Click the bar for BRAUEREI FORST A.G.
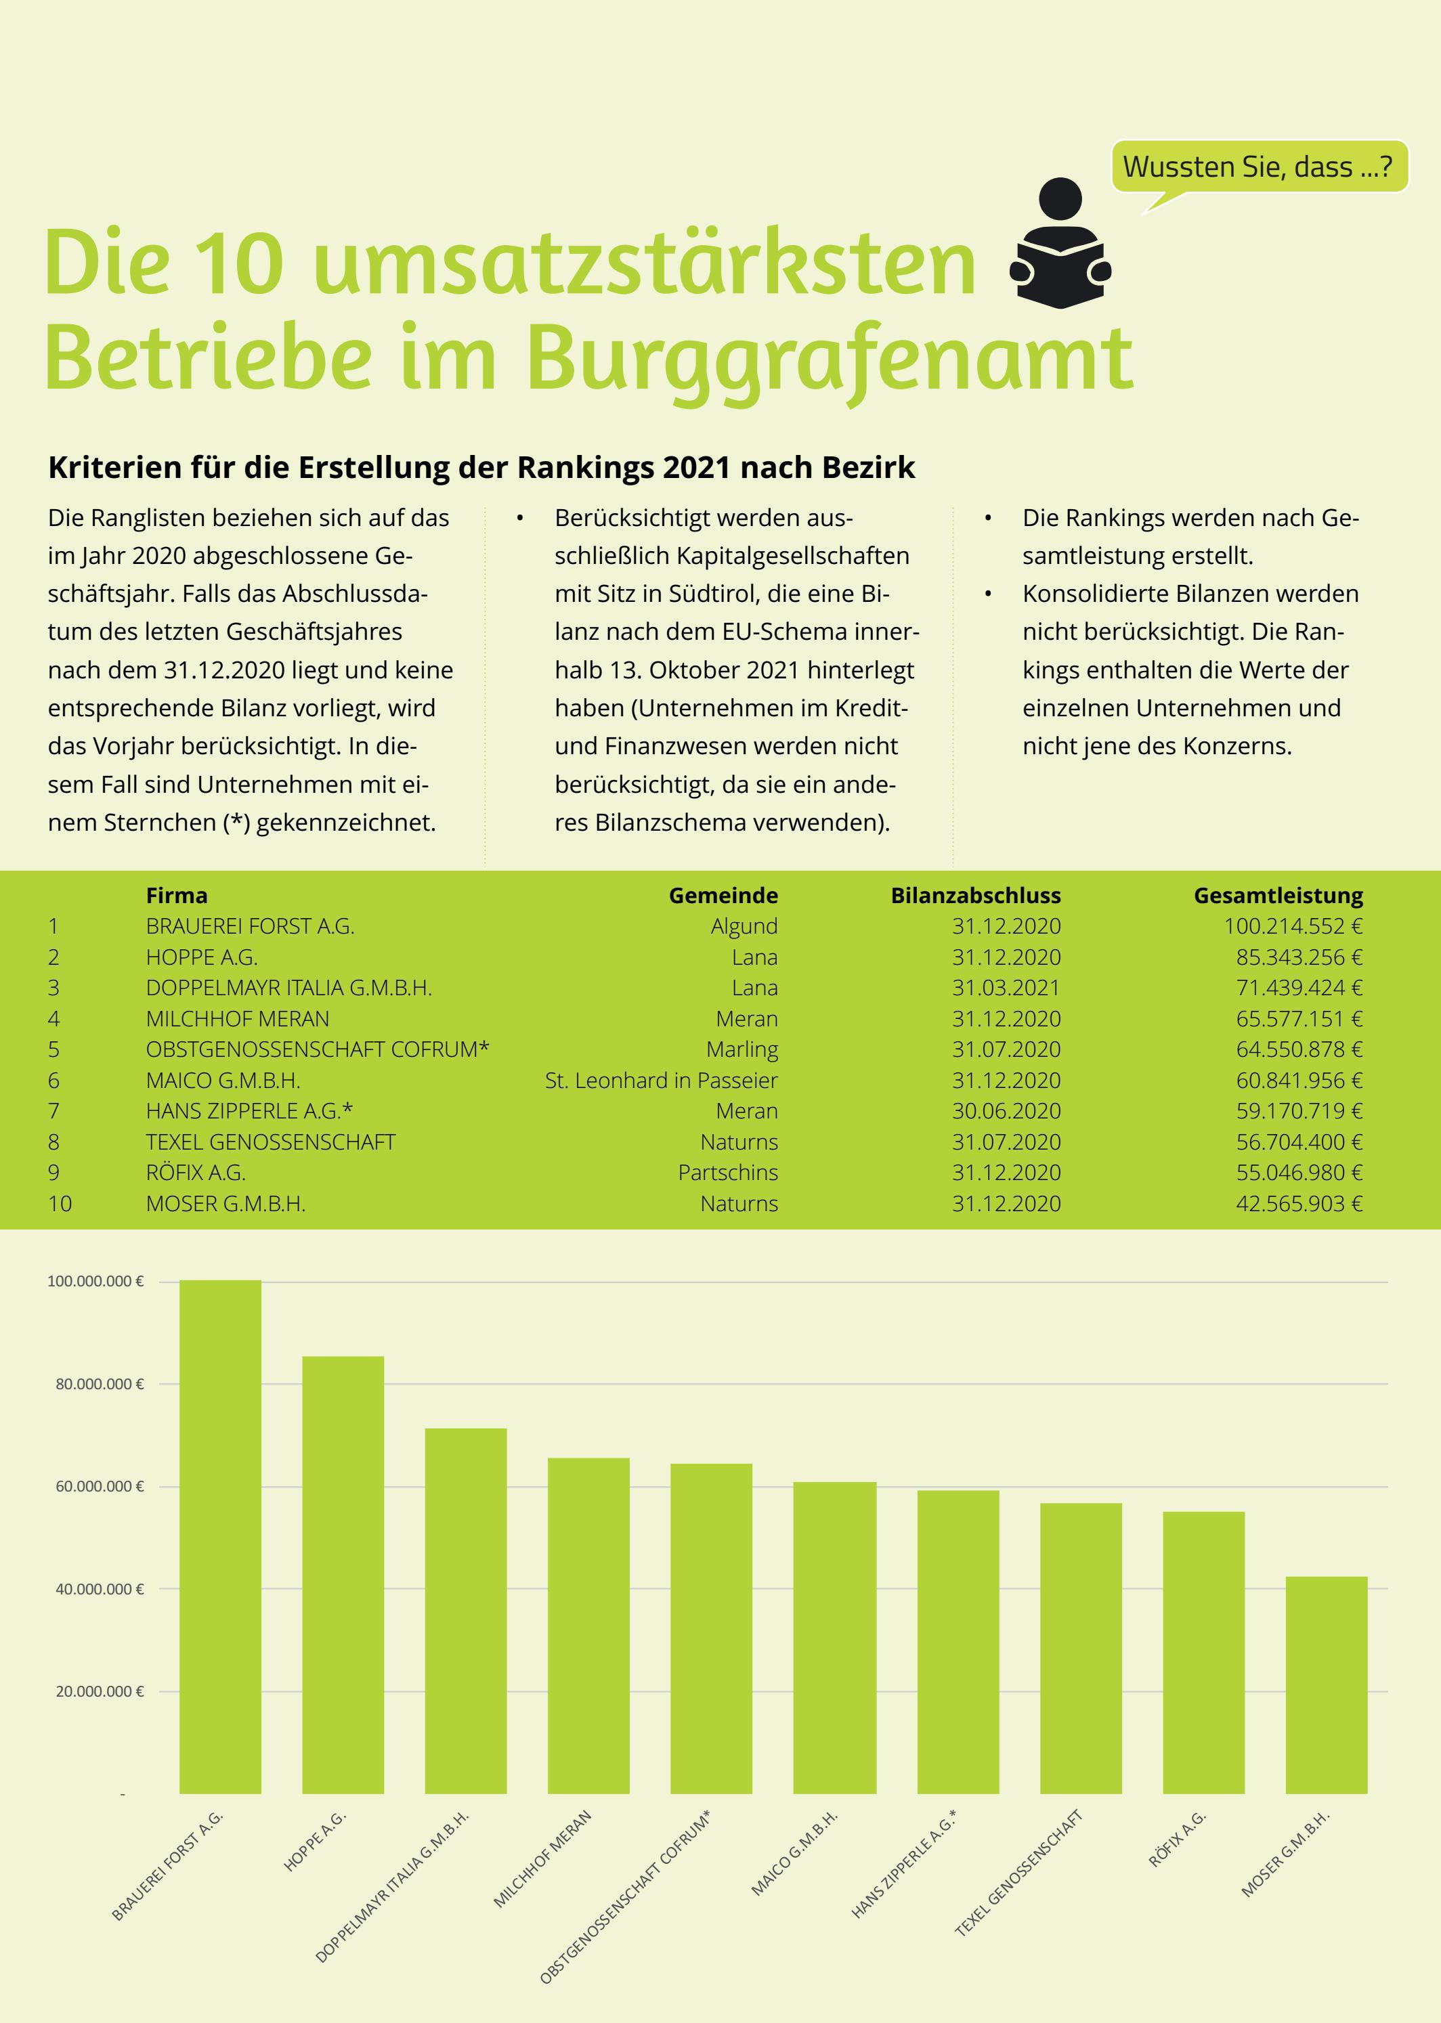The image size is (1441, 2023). tap(220, 1536)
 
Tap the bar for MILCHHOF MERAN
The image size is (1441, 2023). tap(588, 1626)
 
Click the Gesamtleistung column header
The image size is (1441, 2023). tap(1278, 896)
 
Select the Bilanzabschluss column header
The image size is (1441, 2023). tap(975, 896)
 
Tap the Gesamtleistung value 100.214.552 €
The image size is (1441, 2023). tap(1293, 926)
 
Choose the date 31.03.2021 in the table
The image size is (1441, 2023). tap(1006, 988)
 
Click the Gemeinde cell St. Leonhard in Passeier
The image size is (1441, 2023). tap(661, 1081)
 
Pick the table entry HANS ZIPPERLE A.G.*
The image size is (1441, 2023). tap(249, 1110)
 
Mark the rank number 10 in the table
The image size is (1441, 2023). tap(60, 1204)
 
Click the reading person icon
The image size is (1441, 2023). tap(1060, 243)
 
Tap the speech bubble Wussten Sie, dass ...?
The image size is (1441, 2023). tap(1258, 167)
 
